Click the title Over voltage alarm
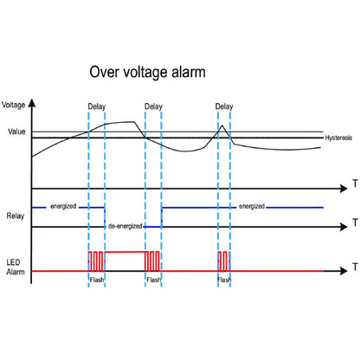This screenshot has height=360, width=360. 148,73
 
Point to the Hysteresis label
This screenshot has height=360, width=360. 338,138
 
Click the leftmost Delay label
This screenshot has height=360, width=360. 97,107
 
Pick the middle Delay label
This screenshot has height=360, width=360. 153,107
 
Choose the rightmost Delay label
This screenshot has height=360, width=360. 223,107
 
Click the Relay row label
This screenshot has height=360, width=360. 14,215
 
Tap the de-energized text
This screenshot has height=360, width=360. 125,225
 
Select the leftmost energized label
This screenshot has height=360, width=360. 63,206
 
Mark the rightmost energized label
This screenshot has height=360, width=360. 252,206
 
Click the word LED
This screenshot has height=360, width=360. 14,260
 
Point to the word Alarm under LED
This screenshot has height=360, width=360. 15,272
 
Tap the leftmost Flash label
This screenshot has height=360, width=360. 97,280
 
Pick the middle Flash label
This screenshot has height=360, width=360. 153,280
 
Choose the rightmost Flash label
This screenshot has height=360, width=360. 223,280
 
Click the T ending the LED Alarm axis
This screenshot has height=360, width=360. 354,270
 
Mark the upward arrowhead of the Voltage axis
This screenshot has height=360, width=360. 32,102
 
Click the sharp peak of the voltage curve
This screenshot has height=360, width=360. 222,126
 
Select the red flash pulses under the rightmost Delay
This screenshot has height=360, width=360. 223,261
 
